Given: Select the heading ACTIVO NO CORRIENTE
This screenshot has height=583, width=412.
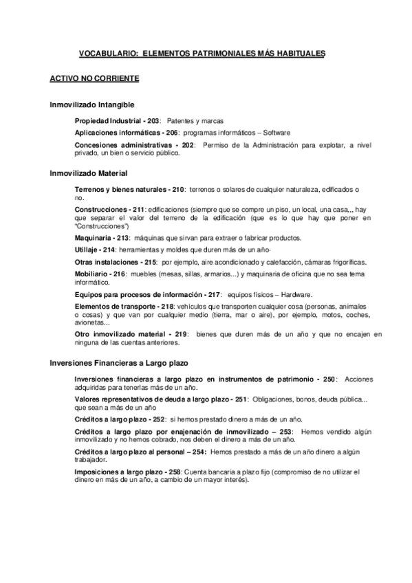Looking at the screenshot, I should click(95, 79).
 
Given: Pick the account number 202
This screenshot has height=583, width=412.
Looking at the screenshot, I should click(188, 145).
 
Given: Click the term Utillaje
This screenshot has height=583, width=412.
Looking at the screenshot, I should click(87, 250).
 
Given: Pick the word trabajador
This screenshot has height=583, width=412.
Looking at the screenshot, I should click(91, 459).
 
